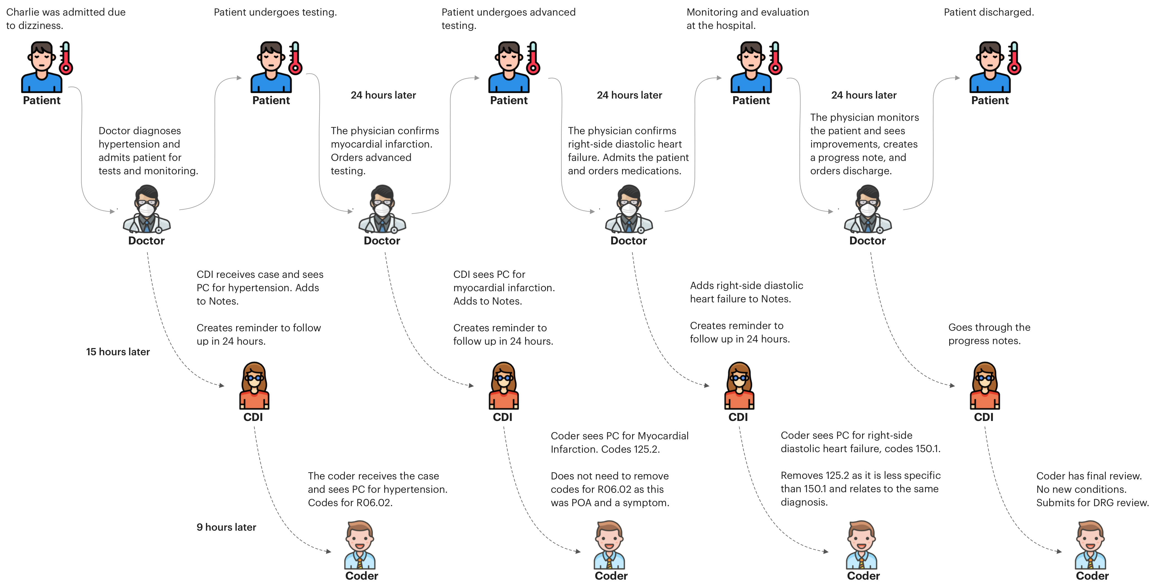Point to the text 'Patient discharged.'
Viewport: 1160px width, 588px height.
pyautogui.click(x=988, y=12)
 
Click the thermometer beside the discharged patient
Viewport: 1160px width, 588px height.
pyautogui.click(x=1014, y=58)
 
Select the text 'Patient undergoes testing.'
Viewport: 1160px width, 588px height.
pyautogui.click(x=275, y=12)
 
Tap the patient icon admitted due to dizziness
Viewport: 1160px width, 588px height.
pyautogui.click(x=41, y=68)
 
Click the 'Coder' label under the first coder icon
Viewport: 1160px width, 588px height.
pyautogui.click(x=362, y=576)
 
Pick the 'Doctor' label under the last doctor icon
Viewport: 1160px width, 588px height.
pyautogui.click(x=867, y=241)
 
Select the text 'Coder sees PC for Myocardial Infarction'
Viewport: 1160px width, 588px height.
pyautogui.click(x=619, y=442)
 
